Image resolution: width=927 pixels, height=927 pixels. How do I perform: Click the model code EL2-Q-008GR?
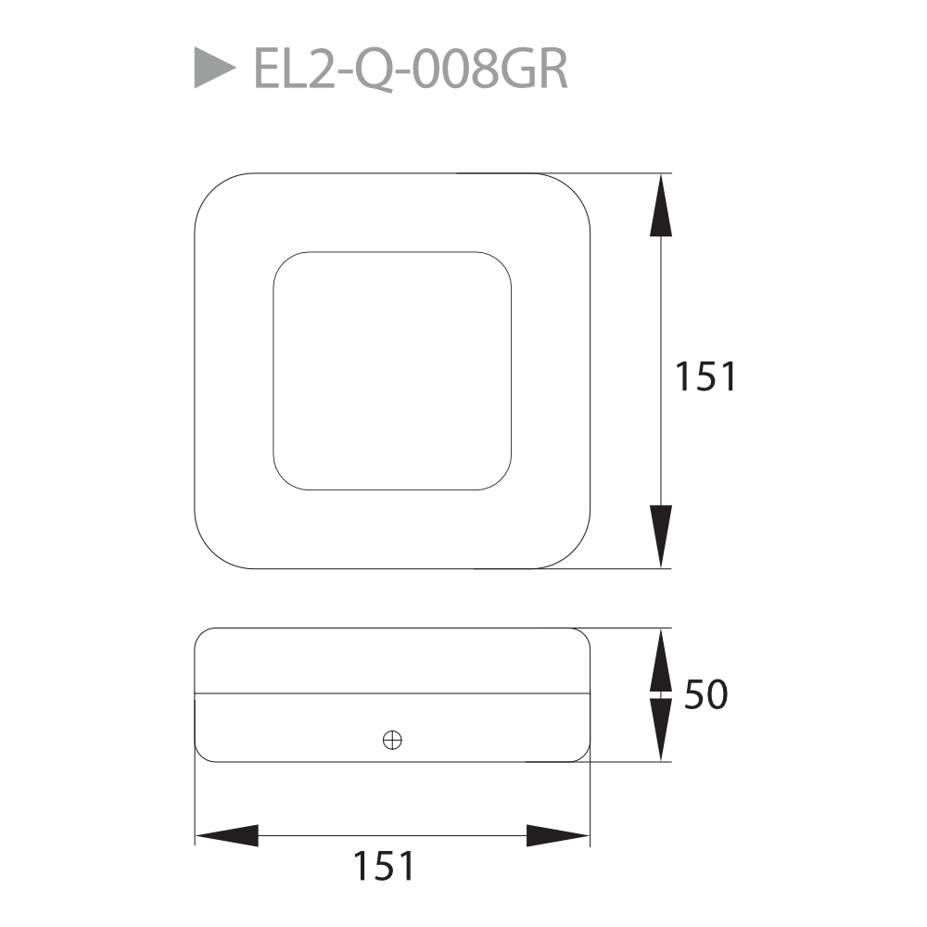click(x=411, y=70)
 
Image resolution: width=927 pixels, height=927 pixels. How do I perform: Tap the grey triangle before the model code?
click(x=215, y=68)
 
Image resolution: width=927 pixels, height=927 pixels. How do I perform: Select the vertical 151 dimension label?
click(x=705, y=376)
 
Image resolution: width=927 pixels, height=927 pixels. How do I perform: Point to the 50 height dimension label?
click(x=705, y=694)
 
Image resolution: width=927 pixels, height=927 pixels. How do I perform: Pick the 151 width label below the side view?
click(x=384, y=866)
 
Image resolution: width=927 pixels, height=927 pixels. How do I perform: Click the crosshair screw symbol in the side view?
click(x=392, y=740)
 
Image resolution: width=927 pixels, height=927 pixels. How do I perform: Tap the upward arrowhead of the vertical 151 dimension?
click(x=660, y=205)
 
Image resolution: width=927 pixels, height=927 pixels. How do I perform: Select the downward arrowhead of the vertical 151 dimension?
click(x=660, y=537)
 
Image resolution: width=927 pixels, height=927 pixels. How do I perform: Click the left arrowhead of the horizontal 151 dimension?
click(x=227, y=835)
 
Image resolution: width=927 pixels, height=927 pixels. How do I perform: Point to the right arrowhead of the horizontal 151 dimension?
click(x=557, y=835)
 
